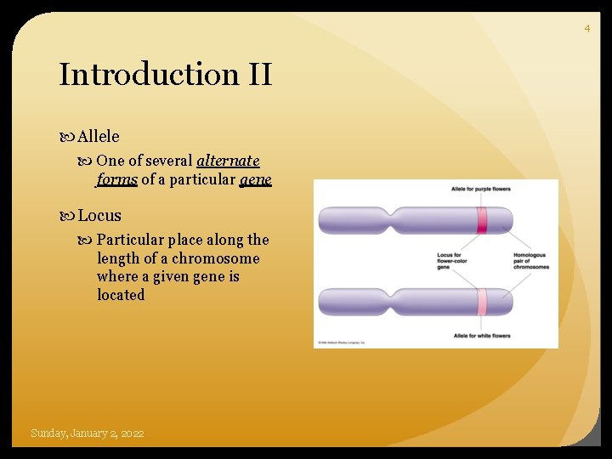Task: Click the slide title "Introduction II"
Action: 165,75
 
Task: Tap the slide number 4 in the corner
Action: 586,29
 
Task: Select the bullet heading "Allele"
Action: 99,136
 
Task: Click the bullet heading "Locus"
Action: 99,216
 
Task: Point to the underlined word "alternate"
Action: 228,161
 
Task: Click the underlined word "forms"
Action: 116,179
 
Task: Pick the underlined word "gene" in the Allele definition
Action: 255,179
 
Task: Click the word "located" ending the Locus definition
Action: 121,295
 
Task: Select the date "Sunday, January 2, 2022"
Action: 88,433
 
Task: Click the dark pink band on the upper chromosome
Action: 481,219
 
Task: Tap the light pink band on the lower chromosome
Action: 481,302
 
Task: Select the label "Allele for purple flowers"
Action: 481,189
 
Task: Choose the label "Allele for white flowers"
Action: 482,336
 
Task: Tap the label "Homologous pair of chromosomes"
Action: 531,260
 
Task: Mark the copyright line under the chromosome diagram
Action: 340,343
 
